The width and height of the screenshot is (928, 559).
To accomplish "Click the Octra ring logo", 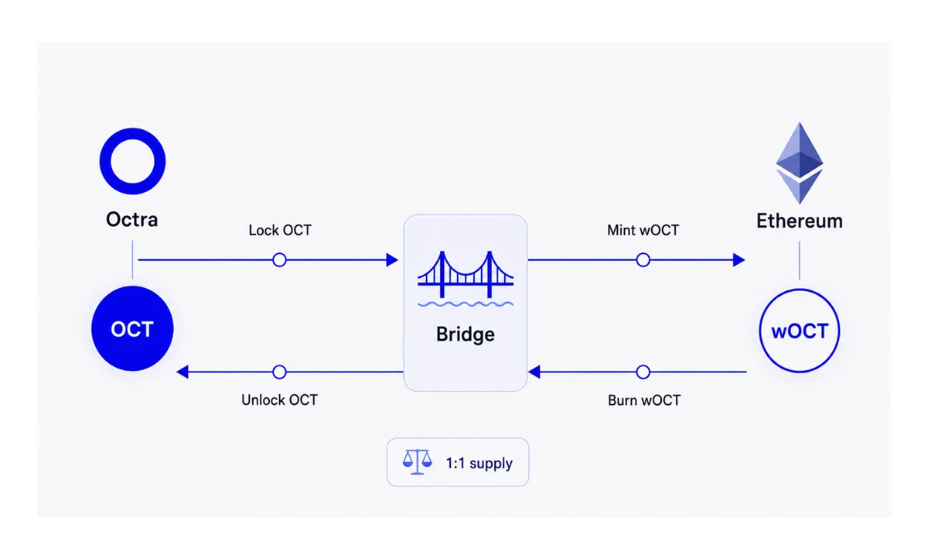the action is click(x=132, y=137).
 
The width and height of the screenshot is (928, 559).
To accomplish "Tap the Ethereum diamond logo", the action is click(x=799, y=163).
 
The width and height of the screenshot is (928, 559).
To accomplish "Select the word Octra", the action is click(x=132, y=219).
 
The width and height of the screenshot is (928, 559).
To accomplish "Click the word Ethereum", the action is click(x=800, y=221).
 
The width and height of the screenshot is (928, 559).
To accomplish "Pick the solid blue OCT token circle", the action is click(x=132, y=328).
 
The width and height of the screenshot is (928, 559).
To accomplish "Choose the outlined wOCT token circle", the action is click(x=800, y=331).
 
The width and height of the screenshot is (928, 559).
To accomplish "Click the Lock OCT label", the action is click(x=280, y=230).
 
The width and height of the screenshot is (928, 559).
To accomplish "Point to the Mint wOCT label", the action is click(x=643, y=230).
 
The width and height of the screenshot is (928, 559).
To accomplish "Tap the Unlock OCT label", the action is click(x=280, y=400).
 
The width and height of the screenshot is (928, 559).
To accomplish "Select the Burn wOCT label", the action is click(x=644, y=400).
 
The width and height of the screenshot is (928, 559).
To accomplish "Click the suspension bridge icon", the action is click(x=466, y=279).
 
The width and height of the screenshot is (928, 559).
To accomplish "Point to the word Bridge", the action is click(x=466, y=334).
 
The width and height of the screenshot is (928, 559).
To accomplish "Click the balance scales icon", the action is click(x=417, y=461).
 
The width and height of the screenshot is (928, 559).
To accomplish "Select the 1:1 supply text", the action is click(x=479, y=463).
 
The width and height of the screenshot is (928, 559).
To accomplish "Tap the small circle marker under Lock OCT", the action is click(x=280, y=260).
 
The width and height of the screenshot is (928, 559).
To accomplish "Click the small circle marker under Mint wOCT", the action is click(x=643, y=260).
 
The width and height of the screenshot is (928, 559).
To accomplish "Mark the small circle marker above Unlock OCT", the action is click(x=280, y=372).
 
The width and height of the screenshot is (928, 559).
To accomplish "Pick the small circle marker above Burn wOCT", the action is click(x=643, y=372).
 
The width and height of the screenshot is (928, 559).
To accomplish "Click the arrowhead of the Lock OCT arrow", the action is click(x=392, y=260).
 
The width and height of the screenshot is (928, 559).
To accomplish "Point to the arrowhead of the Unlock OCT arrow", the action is click(x=183, y=372).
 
